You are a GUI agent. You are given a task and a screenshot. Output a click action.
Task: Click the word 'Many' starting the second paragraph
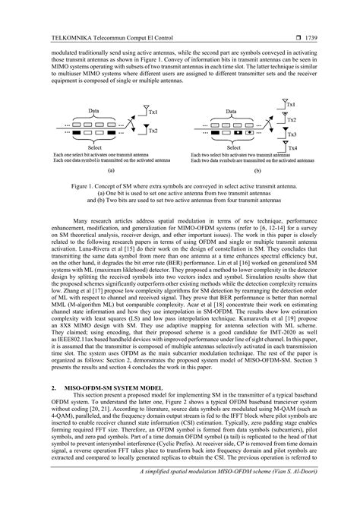coord(82,220)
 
